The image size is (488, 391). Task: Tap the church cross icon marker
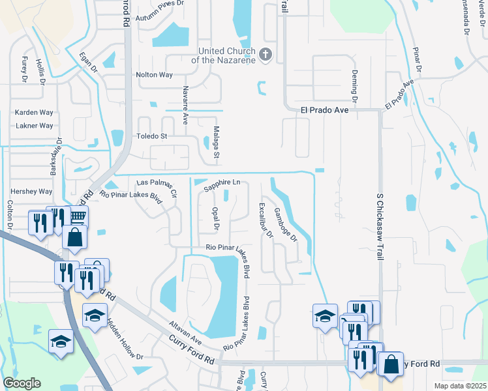pyautogui.click(x=265, y=55)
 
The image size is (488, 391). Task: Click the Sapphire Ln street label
pyautogui.click(x=222, y=186)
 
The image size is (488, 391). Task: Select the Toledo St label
pyautogui.click(x=151, y=136)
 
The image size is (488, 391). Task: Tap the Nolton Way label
pyautogui.click(x=154, y=75)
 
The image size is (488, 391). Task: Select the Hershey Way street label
pyautogui.click(x=31, y=192)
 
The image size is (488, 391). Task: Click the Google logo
pyautogui.click(x=22, y=383)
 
